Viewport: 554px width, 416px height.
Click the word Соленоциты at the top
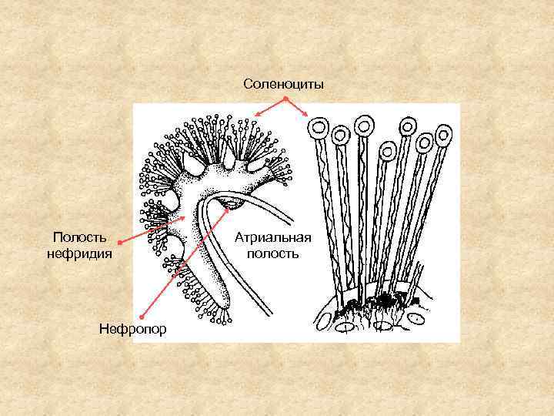point(284,82)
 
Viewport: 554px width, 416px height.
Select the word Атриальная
point(273,237)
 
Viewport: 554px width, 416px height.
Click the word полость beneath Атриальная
point(272,252)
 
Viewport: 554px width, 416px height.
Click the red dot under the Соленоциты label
point(285,99)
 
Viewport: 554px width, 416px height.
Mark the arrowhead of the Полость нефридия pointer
point(185,219)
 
